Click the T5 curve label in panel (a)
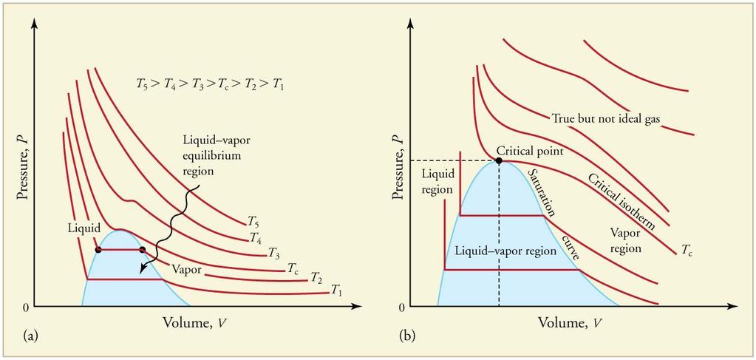[253, 222]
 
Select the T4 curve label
[256, 237]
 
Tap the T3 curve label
[274, 252]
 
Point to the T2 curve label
[316, 277]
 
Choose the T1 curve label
[336, 290]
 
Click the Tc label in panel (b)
[687, 250]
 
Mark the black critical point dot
[499, 160]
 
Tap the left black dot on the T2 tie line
[98, 250]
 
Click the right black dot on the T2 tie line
[142, 250]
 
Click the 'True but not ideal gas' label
[605, 118]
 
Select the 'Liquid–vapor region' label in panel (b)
[505, 251]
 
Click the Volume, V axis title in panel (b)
[571, 322]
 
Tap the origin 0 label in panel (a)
[27, 307]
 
